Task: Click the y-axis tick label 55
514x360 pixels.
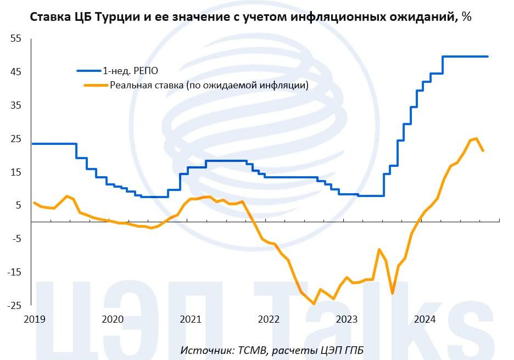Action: (15, 39)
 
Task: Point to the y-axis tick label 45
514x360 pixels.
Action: (15, 72)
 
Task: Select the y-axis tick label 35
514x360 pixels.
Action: (15, 105)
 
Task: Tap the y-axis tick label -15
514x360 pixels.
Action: (13, 272)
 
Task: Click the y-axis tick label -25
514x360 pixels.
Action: (13, 306)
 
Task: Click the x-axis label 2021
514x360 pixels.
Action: (190, 319)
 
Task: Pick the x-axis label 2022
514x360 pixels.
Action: (269, 319)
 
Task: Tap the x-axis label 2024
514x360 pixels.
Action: (424, 319)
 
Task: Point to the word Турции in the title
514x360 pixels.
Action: (115, 17)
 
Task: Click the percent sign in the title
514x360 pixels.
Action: (467, 17)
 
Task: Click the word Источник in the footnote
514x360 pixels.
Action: (203, 351)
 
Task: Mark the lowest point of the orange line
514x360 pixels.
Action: (314, 303)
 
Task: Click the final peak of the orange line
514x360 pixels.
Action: (476, 138)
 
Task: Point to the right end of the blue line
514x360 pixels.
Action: (488, 57)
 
